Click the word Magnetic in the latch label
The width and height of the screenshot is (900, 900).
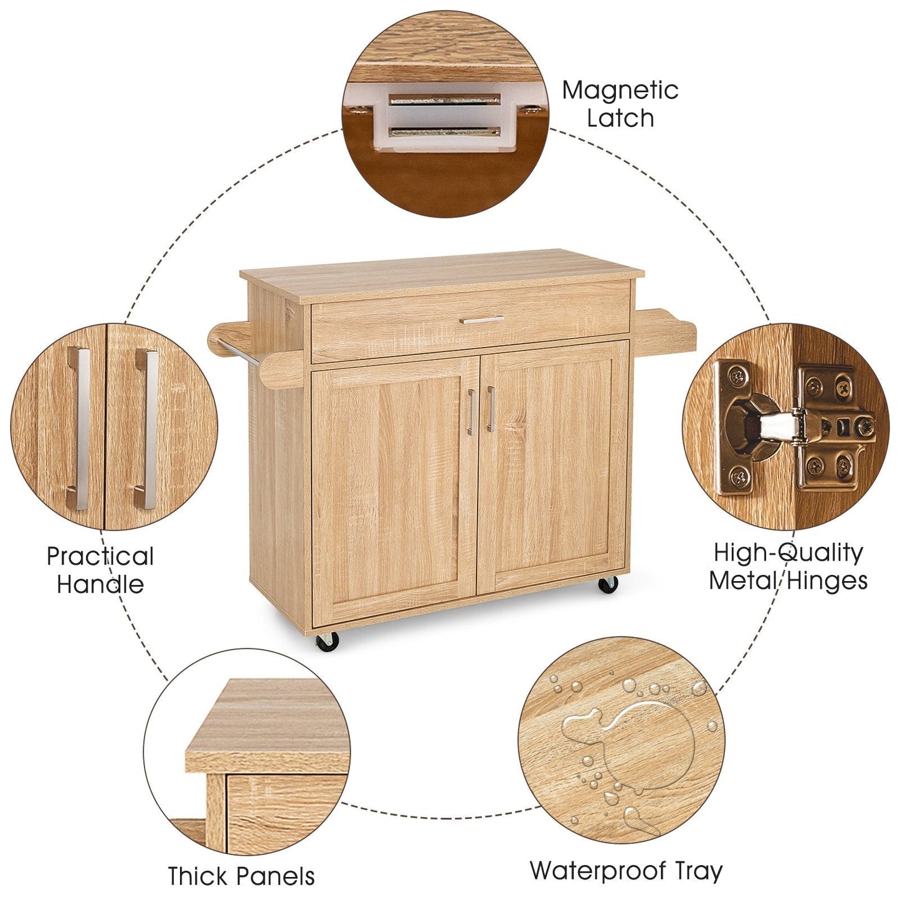point(620,91)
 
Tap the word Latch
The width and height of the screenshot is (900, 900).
point(620,118)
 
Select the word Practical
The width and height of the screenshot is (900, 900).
point(100,556)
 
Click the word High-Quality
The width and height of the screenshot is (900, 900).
point(788,552)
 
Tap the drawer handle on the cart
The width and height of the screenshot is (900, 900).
point(482,320)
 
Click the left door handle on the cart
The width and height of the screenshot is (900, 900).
point(471,412)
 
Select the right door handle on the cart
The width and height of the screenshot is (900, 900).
point(490,409)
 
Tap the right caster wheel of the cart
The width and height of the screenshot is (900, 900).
point(608,585)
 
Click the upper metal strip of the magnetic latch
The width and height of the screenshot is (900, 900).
point(445,100)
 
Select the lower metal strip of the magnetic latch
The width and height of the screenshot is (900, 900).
point(445,131)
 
